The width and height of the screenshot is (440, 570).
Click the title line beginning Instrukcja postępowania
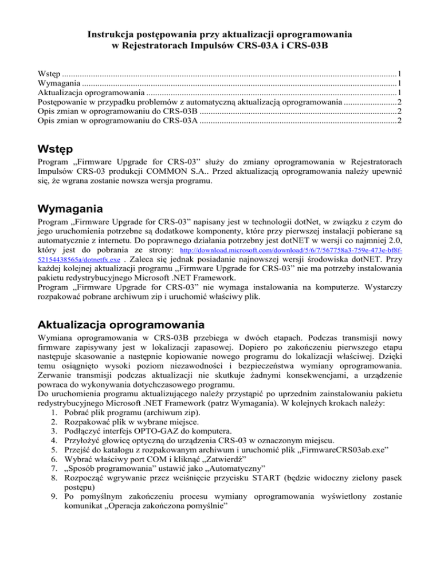tap(219, 34)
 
